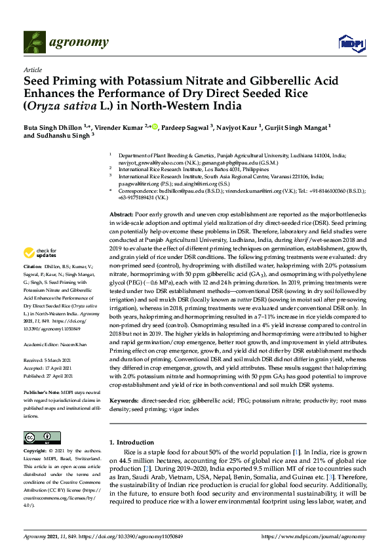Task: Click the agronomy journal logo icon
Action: coord(34,43)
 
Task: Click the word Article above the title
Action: coord(32,69)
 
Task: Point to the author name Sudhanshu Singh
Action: coord(75,136)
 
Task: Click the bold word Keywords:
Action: coord(123,399)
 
